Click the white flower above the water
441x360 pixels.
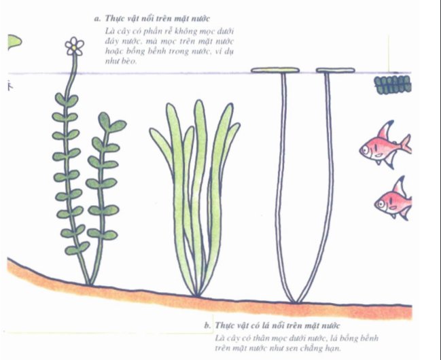tap(75, 46)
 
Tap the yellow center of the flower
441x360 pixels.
tap(73, 48)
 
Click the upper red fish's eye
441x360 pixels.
tap(366, 149)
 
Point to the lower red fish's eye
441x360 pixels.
tap(381, 203)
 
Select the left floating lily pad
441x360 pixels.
tap(275, 70)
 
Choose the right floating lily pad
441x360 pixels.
tap(335, 71)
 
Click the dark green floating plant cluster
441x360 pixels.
tap(393, 85)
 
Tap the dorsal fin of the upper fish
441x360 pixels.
tap(385, 130)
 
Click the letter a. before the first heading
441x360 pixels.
tap(97, 19)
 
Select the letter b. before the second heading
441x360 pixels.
tap(207, 325)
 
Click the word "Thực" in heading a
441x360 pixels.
tap(113, 18)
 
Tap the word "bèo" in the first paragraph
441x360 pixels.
tap(129, 61)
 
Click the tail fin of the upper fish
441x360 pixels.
tap(406, 143)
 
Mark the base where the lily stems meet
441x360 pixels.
tap(296, 302)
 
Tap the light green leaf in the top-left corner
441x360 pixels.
tap(15, 42)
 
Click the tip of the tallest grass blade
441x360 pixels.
tap(199, 101)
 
